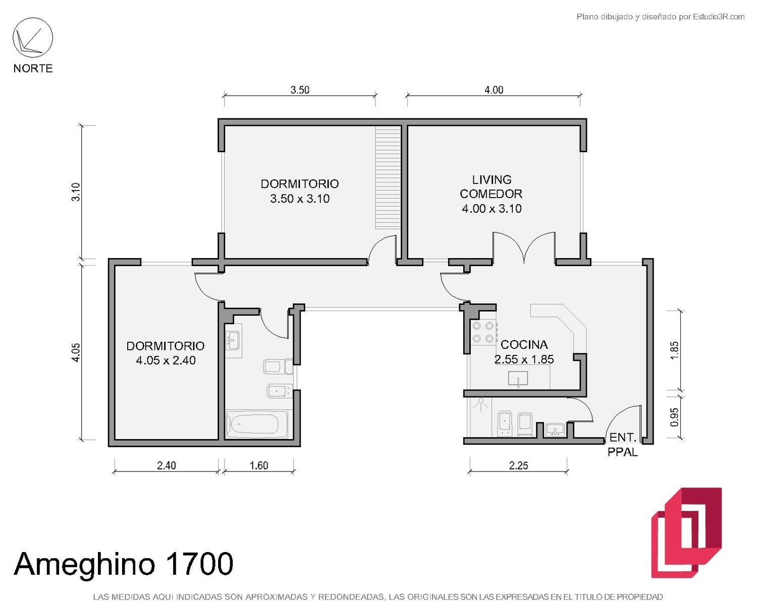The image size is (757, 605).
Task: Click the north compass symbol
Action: (33, 38)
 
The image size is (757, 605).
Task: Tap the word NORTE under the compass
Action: (33, 68)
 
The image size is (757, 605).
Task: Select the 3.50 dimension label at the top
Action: (300, 90)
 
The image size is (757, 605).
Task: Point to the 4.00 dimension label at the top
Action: (494, 90)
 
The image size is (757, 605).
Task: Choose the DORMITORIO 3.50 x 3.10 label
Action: (300, 191)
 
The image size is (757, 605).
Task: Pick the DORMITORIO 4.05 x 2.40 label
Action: (166, 353)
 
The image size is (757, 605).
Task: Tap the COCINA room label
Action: (524, 344)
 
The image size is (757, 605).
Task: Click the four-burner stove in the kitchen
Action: (483, 332)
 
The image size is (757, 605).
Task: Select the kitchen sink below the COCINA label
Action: (518, 379)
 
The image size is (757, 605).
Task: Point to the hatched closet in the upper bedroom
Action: (388, 177)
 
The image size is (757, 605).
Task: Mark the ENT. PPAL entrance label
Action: (623, 445)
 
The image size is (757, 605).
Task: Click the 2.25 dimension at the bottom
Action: (518, 465)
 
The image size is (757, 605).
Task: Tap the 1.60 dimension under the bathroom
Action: (259, 465)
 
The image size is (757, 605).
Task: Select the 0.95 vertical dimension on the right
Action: (674, 417)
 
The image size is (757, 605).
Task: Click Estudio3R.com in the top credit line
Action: (719, 17)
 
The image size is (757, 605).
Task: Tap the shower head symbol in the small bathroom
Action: (480, 405)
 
